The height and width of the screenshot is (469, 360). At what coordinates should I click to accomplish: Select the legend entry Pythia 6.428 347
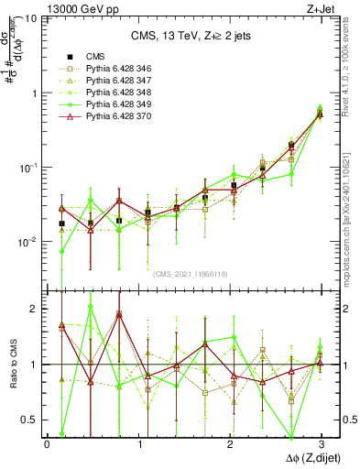(111, 81)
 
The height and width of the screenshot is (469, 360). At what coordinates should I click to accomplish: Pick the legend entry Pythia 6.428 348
(111, 93)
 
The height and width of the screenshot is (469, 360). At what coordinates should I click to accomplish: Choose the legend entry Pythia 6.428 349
(111, 105)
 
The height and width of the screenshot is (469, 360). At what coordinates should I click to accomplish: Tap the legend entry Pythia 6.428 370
(111, 118)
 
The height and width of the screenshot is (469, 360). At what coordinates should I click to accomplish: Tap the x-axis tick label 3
(322, 443)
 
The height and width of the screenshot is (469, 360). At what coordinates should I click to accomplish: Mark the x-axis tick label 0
(47, 443)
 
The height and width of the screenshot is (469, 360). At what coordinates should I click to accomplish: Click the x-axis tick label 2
(231, 443)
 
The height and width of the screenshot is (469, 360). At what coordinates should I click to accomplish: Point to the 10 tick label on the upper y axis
(30, 19)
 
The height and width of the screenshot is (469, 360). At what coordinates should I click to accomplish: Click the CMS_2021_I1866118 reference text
(189, 274)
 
